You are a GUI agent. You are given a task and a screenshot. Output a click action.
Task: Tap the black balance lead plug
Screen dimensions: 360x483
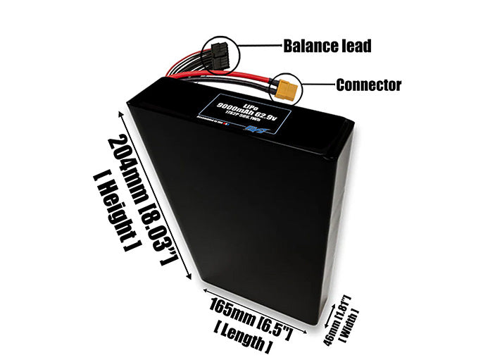tap(220, 54)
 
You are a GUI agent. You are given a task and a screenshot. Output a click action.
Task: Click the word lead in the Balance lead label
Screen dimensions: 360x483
tap(354, 47)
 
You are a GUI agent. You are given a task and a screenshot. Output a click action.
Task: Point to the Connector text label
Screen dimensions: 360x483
tap(368, 85)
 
